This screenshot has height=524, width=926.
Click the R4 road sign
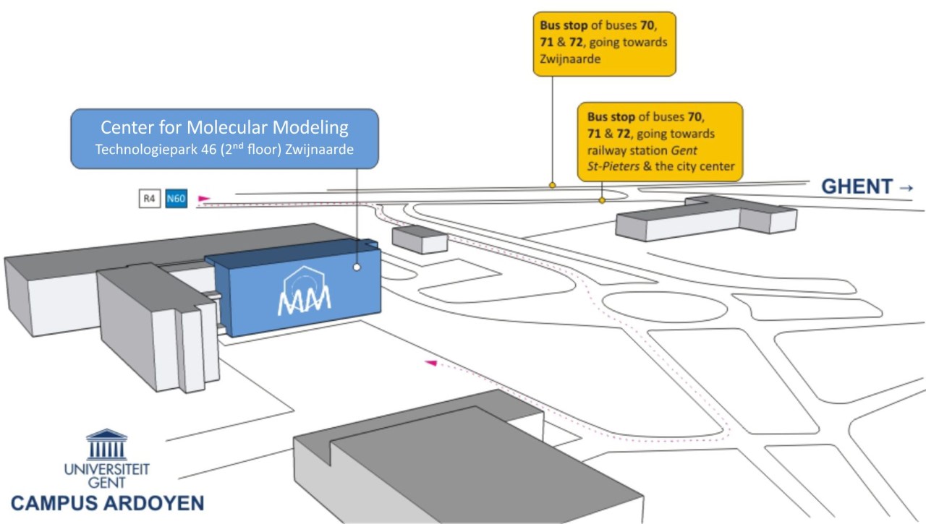click(x=148, y=199)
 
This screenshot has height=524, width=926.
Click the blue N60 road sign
click(x=177, y=199)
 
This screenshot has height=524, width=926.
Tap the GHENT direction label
click(x=857, y=186)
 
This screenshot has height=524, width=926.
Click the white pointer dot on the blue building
click(x=357, y=267)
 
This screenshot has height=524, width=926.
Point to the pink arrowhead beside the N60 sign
click(x=204, y=197)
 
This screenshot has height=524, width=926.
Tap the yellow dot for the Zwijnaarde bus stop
click(x=552, y=186)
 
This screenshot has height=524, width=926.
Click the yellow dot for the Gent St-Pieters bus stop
click(x=602, y=200)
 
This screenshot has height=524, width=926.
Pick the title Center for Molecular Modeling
click(x=224, y=128)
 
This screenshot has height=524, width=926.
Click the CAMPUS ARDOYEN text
click(x=107, y=503)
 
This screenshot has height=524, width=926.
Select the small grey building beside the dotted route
click(x=420, y=239)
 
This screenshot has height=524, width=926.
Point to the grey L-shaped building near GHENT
click(x=705, y=217)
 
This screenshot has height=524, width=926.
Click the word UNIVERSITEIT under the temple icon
click(x=107, y=469)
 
